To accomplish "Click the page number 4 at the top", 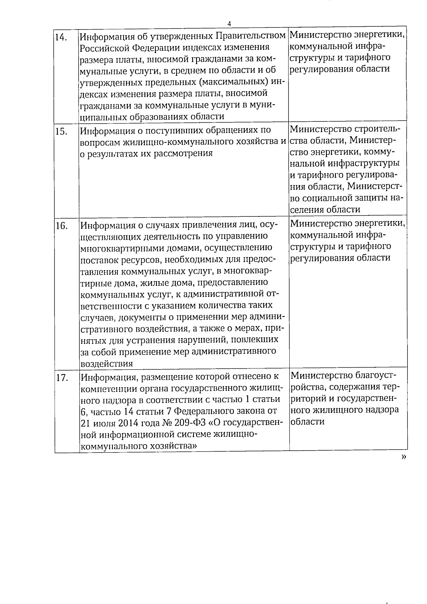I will tap(229, 23).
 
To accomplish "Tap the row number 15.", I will tap(61, 132).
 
